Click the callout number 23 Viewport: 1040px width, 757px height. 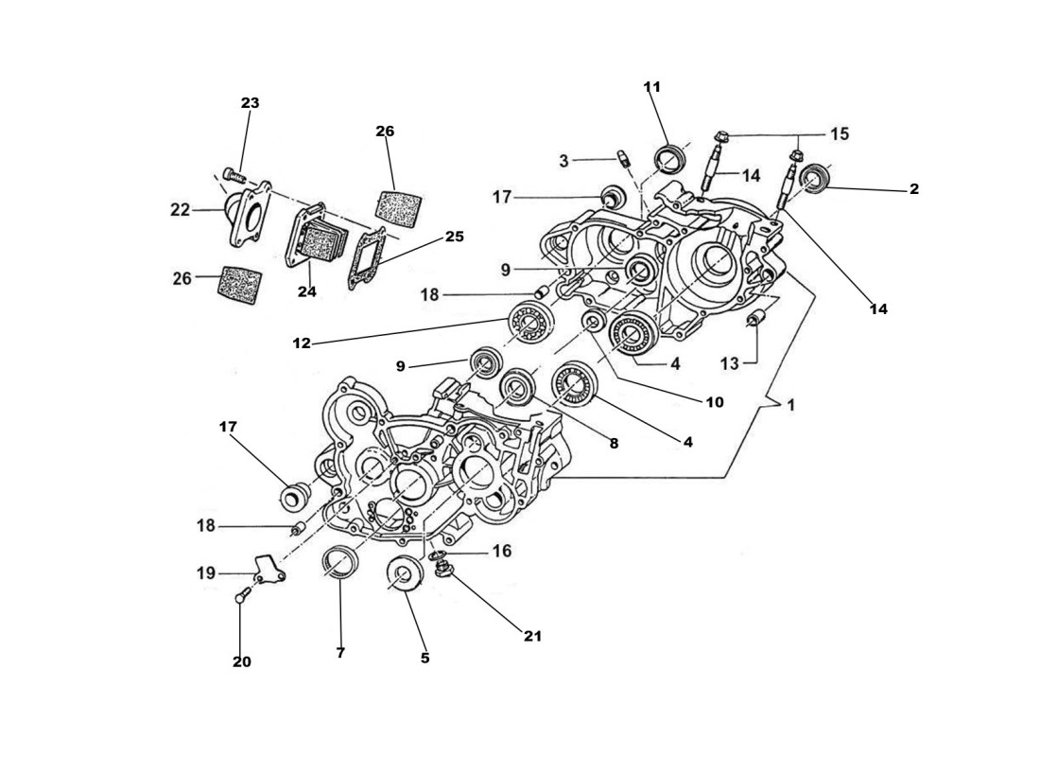point(250,103)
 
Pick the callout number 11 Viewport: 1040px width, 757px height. point(652,87)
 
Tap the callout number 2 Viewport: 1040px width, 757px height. point(913,189)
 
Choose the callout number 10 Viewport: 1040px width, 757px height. point(714,402)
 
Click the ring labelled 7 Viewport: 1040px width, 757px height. point(340,563)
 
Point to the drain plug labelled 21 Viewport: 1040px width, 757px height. point(442,569)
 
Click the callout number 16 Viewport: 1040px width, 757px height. point(501,550)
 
